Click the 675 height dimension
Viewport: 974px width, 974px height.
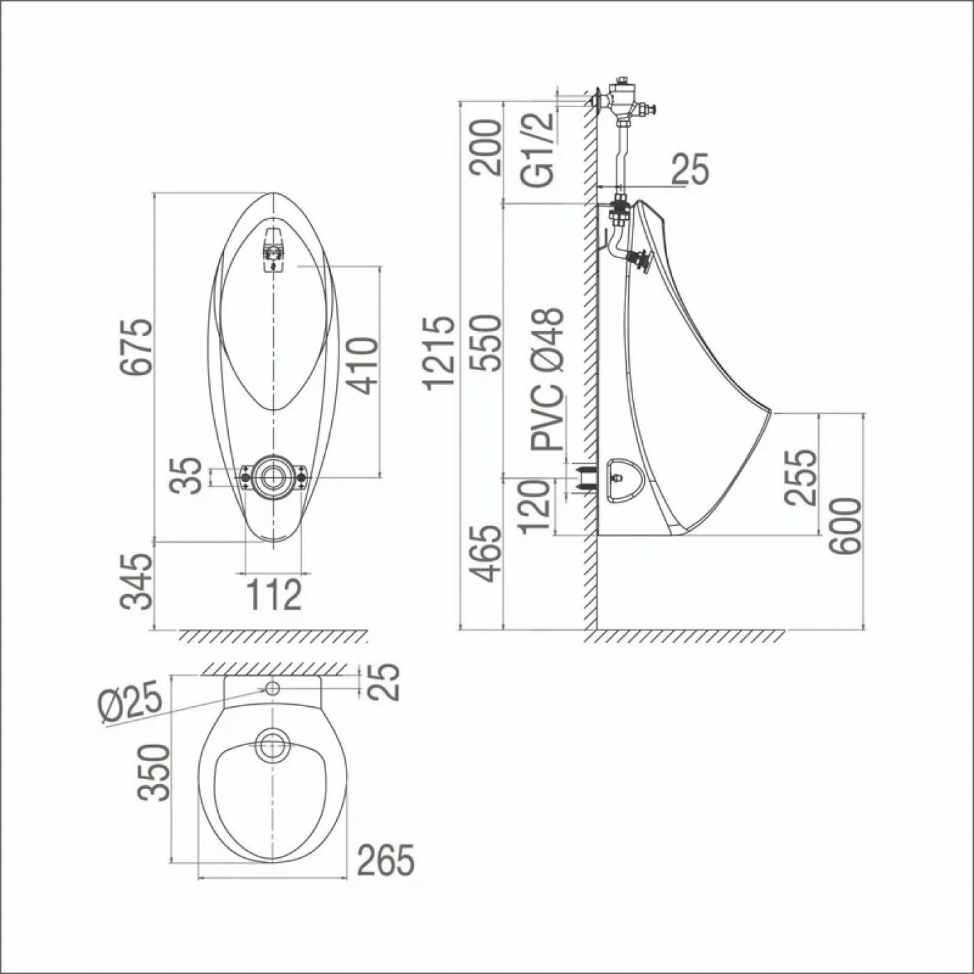[x=136, y=346]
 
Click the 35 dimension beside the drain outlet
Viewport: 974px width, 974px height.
[x=186, y=475]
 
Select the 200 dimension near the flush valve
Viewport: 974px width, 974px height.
[x=485, y=147]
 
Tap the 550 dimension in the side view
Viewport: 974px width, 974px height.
[x=485, y=343]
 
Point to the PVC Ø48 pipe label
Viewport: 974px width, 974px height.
[x=547, y=378]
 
